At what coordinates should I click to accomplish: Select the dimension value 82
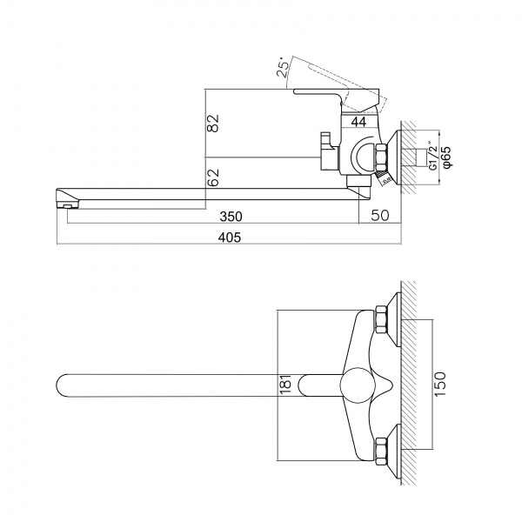tap(213, 124)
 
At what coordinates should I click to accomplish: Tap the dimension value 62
tap(213, 177)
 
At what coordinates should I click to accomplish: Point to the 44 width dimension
tap(358, 122)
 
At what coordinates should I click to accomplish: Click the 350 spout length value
tap(231, 217)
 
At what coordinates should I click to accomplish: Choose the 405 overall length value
tap(230, 238)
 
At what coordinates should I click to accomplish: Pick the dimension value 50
tap(380, 216)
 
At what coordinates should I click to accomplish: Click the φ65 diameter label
tap(446, 157)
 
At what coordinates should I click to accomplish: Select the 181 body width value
tap(286, 385)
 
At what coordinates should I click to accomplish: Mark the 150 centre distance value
tap(439, 385)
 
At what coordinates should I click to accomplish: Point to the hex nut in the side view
tap(380, 157)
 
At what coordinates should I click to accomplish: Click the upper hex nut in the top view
tap(380, 319)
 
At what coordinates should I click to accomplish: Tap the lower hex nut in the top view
tap(380, 452)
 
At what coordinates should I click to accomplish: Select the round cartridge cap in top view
tap(358, 385)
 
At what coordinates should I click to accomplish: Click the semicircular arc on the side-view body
tap(355, 156)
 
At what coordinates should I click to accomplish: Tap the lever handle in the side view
tap(336, 97)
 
